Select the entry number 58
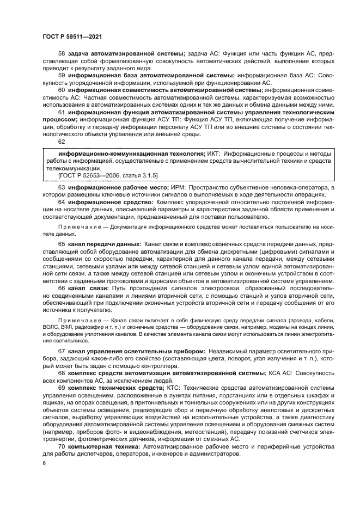pyautogui.click(x=62, y=53)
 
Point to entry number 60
pyautogui.click(x=62, y=90)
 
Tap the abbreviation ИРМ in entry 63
pyautogui.click(x=177, y=187)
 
